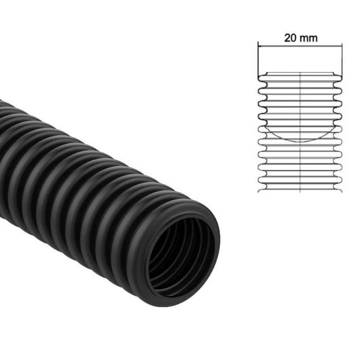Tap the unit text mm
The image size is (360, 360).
click(x=309, y=37)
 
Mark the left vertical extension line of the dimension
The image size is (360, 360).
click(x=258, y=60)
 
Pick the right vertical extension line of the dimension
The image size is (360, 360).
click(x=342, y=60)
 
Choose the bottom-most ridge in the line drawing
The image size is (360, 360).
click(x=300, y=184)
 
